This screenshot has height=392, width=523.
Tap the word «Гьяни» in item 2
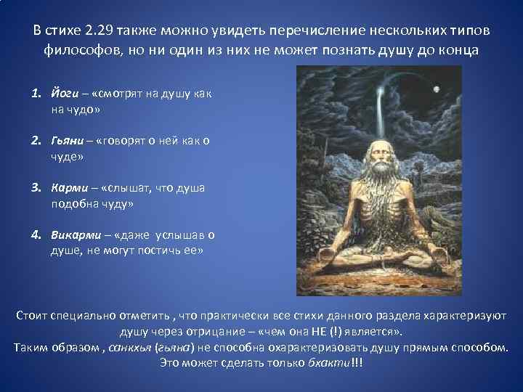pos(68,141)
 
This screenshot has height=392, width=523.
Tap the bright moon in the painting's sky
pos(437,89)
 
